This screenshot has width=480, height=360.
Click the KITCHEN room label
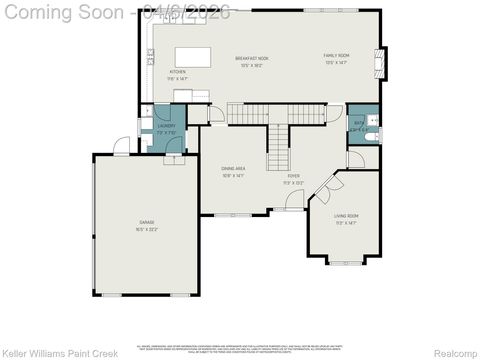(x=177, y=72)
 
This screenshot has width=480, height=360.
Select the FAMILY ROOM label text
(x=336, y=55)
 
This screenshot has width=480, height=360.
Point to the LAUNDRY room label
(x=165, y=126)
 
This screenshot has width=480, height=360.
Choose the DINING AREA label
(x=234, y=168)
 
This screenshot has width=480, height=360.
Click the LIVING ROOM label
(x=346, y=216)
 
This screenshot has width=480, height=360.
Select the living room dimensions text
(x=346, y=224)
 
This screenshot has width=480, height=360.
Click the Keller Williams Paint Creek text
(x=47, y=352)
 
